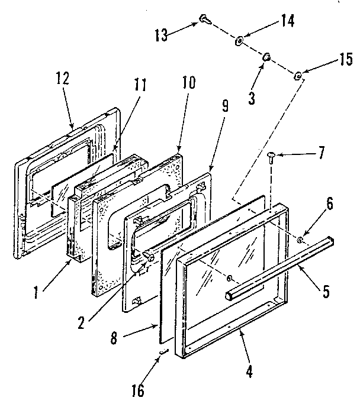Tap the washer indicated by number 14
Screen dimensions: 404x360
[239, 41]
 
